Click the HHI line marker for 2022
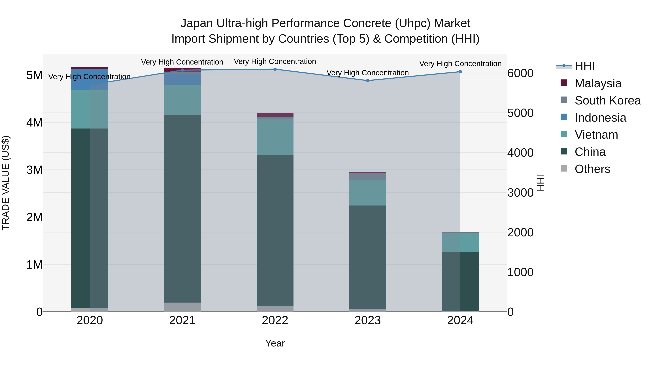275,69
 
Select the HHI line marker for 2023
368,81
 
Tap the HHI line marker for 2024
460,72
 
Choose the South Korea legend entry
608,100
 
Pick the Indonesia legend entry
600,118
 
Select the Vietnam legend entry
596,135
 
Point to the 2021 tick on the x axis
182,320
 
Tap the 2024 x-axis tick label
460,320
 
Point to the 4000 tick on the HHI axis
520,153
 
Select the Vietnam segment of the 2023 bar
368,192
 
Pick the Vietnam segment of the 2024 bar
460,242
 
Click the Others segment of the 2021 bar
182,307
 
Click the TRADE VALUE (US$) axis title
6,183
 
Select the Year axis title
275,343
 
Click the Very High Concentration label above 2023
368,73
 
